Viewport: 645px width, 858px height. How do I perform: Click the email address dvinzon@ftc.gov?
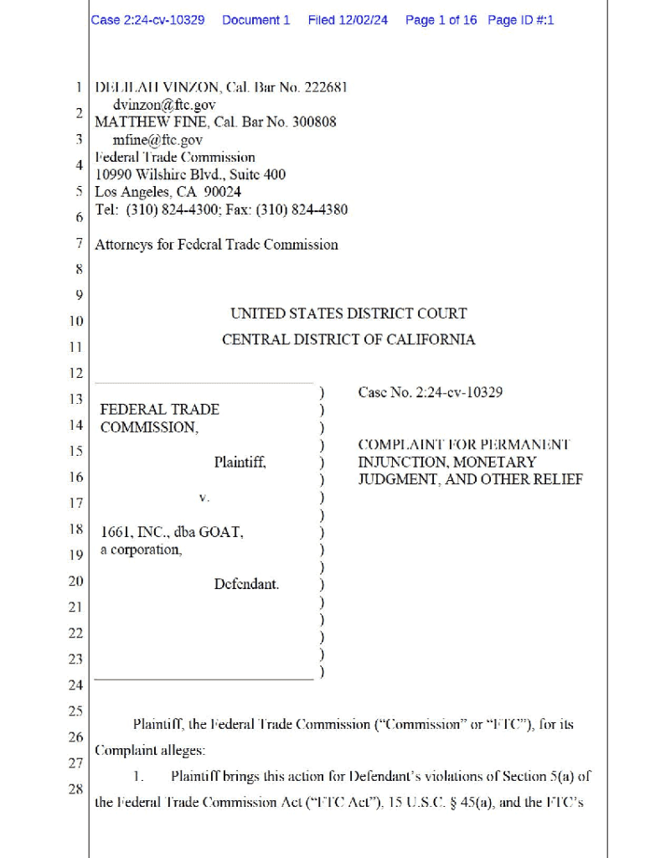click(x=164, y=105)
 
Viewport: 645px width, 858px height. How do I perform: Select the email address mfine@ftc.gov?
click(x=157, y=140)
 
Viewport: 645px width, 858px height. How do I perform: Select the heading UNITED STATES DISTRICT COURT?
click(x=348, y=313)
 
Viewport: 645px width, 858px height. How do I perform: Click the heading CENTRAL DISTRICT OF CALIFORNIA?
click(x=348, y=339)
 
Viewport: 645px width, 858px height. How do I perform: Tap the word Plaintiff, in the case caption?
click(x=240, y=462)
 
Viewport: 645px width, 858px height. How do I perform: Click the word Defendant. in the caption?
click(x=246, y=584)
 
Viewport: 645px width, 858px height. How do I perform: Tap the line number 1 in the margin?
click(x=78, y=87)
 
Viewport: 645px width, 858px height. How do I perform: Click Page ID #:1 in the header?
click(x=520, y=19)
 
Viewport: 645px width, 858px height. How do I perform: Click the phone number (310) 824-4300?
click(x=172, y=209)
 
